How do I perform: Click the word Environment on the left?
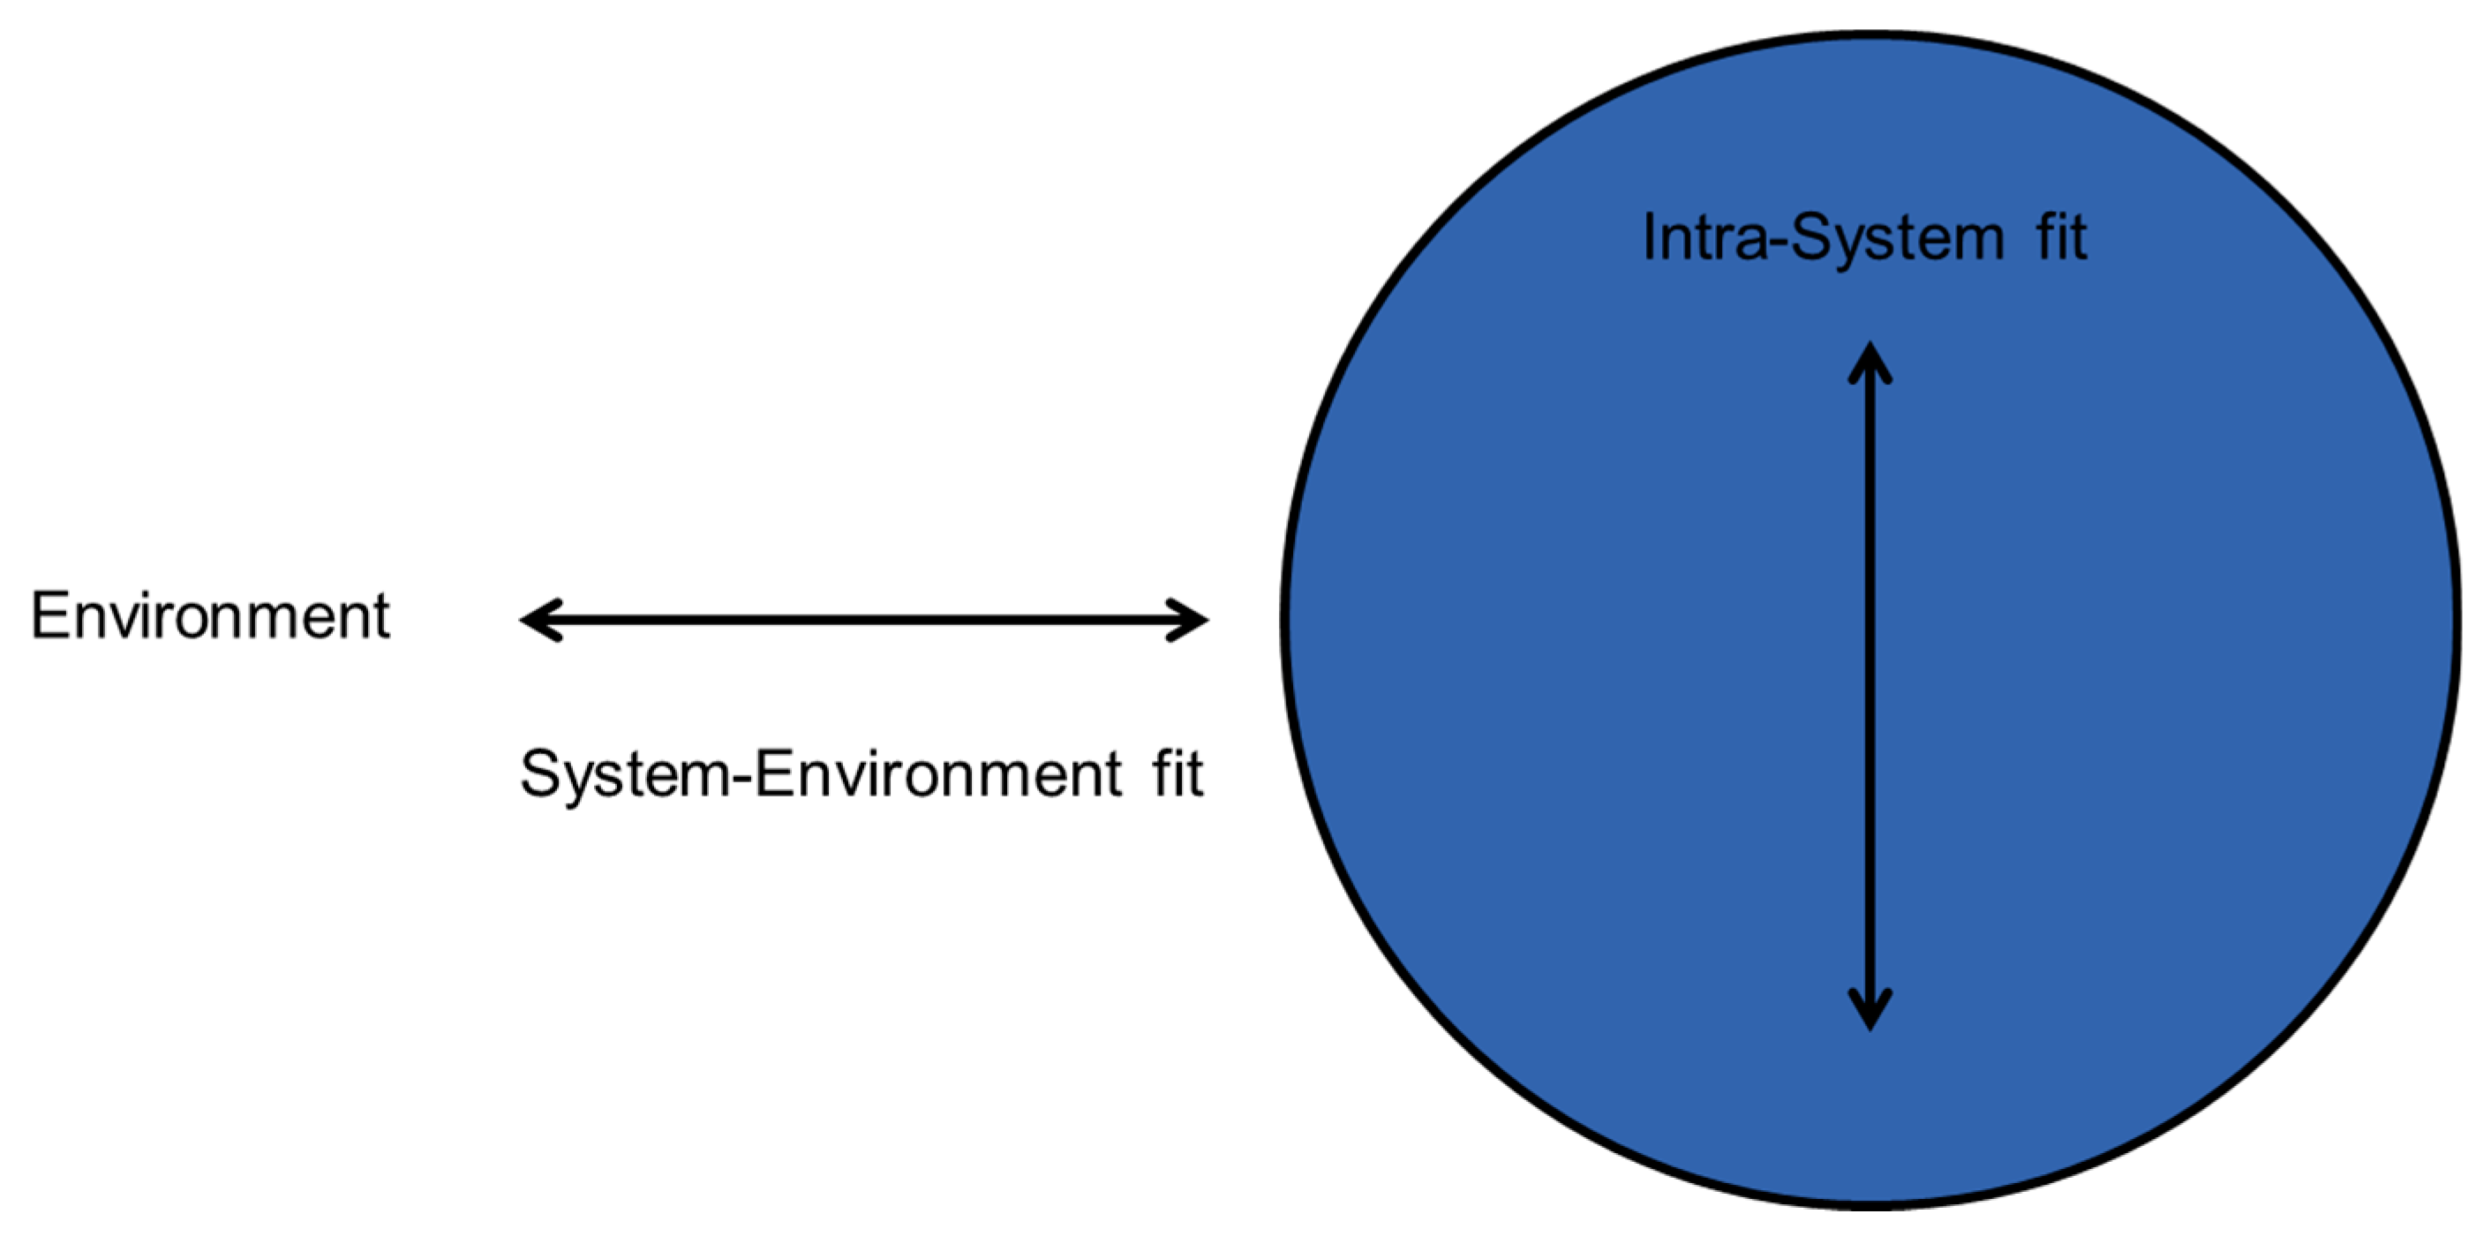[x=210, y=616]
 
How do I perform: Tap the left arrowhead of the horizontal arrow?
[x=533, y=620]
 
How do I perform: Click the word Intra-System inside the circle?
[x=1823, y=237]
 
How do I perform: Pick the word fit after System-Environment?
[x=1177, y=773]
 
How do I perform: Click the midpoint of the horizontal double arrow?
[x=864, y=620]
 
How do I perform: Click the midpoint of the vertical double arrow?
[x=1869, y=686]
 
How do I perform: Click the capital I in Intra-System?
[x=1649, y=237]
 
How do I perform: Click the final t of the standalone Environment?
[x=380, y=616]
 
